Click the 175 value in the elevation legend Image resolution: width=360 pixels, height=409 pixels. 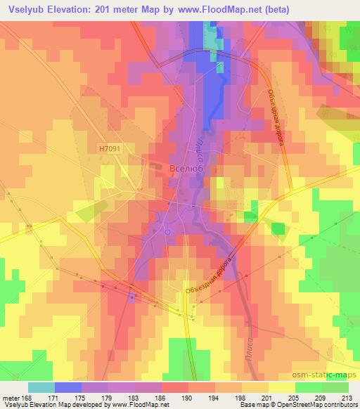[x=83, y=398]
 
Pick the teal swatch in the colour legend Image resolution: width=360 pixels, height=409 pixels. [x=41, y=387]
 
